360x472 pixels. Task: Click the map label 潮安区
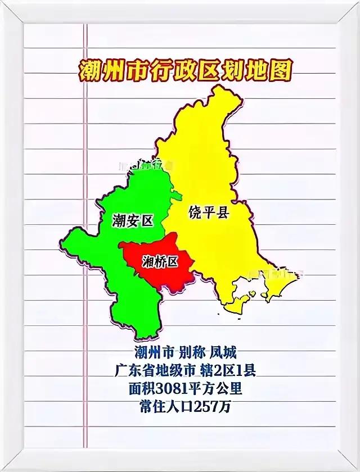(x=133, y=220)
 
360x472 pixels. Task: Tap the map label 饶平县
(x=208, y=213)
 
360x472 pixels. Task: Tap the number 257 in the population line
(x=206, y=407)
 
